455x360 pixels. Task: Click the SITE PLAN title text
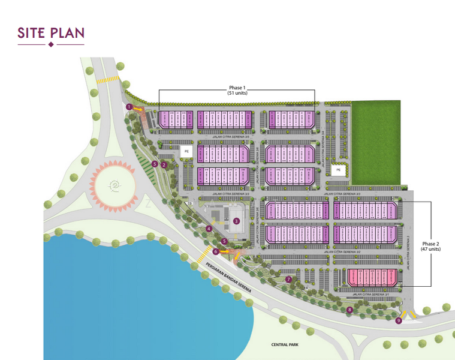[x=51, y=34]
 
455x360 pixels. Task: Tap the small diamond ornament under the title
[x=51, y=45]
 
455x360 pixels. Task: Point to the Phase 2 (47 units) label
[x=430, y=246]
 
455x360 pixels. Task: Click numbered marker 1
[x=129, y=107]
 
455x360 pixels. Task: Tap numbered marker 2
[x=164, y=164]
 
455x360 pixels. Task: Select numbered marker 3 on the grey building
[x=237, y=221]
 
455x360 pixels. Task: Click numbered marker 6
[x=215, y=251]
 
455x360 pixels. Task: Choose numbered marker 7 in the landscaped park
[x=288, y=279]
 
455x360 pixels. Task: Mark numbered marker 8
[x=349, y=310]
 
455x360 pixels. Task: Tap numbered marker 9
[x=399, y=321]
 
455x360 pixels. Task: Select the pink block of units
[x=372, y=277]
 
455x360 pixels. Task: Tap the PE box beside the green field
[x=338, y=170]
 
